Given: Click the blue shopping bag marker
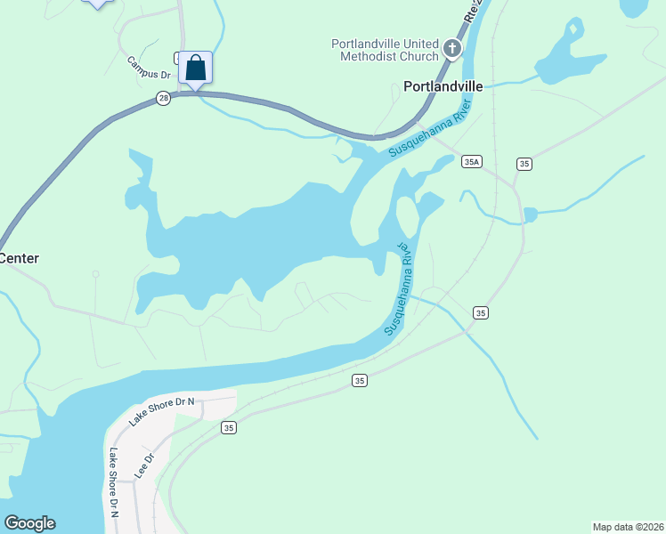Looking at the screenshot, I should (195, 69).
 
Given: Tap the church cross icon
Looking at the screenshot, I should (451, 48).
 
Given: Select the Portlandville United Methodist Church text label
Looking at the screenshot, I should (385, 50).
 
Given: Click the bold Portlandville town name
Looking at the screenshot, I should (443, 86).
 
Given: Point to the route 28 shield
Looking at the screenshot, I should (163, 99).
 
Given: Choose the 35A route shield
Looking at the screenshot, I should (472, 162).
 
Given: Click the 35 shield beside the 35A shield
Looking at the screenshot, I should (524, 163).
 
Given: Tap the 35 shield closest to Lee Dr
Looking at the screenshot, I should (229, 428).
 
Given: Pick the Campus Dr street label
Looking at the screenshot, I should (148, 68).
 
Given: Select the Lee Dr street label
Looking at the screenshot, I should (144, 466).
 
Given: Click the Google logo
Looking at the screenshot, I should (29, 523).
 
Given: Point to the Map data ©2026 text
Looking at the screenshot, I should (628, 527).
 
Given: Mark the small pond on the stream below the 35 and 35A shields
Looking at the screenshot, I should (531, 214).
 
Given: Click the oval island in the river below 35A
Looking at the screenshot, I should (406, 215).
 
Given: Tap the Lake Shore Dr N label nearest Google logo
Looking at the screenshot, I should (114, 481).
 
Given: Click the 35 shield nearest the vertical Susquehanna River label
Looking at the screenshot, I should (481, 312).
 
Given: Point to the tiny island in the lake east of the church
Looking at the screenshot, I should (573, 29).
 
